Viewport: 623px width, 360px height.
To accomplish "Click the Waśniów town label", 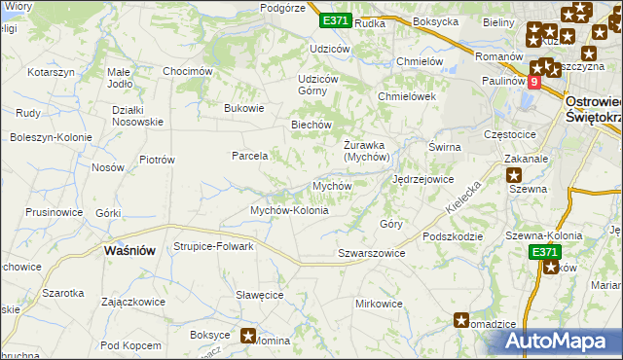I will click(128, 250).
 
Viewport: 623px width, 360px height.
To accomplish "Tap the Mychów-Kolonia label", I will click(290, 210).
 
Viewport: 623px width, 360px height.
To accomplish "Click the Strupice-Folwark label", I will click(213, 246).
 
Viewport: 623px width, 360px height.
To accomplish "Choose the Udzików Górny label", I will click(318, 85).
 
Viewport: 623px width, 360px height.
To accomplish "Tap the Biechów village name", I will click(313, 125).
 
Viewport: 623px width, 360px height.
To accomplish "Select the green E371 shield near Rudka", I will click(335, 20).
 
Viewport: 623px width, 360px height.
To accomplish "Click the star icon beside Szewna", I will click(513, 174).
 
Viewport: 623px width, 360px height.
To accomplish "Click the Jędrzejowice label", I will click(422, 179).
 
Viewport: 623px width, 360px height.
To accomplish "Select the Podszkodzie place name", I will click(454, 236).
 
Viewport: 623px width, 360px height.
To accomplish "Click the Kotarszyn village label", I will click(52, 73).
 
